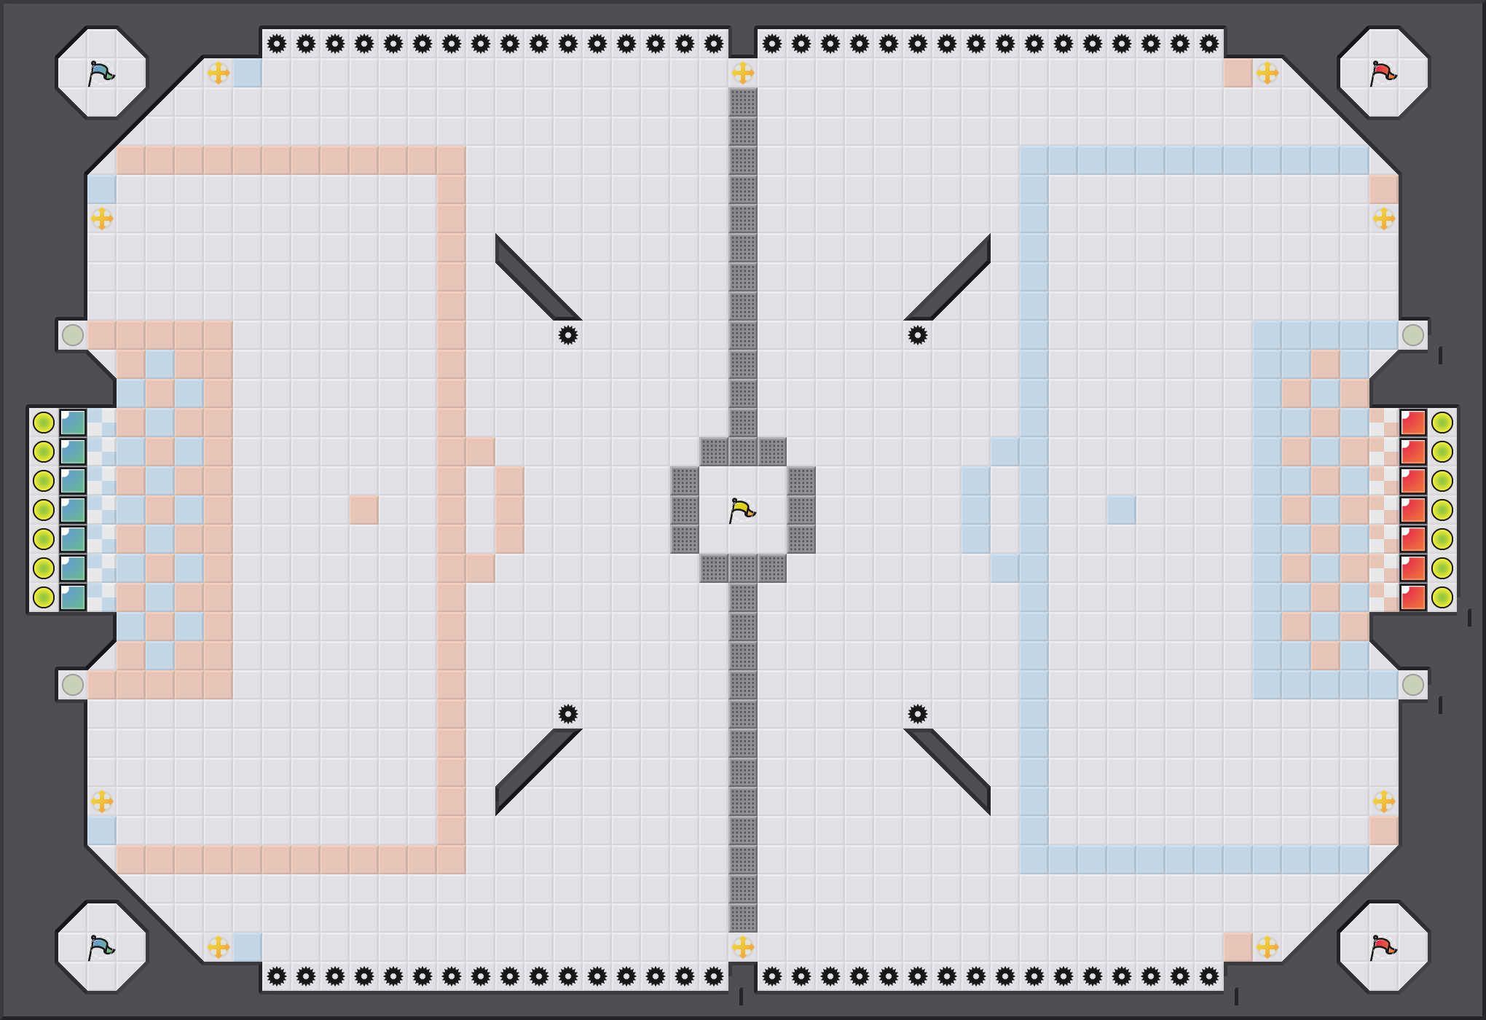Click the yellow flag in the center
coord(742,510)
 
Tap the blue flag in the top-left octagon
coord(101,73)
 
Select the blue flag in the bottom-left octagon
coord(101,947)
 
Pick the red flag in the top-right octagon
coord(1383,73)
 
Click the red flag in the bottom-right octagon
coord(1383,947)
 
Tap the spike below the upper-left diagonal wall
coord(568,335)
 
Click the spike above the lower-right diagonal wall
coord(918,714)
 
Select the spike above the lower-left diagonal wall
coord(568,714)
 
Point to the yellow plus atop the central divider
coord(743,73)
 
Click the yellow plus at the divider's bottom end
coord(743,947)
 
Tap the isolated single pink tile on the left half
coord(364,510)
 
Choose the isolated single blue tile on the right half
coord(1122,510)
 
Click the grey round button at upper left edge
coord(73,335)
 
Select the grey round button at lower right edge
coord(1413,685)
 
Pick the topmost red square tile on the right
coord(1413,423)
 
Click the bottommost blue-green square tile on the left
coord(73,597)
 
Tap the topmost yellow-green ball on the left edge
coord(44,423)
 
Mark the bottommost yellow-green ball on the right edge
coord(1442,597)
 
